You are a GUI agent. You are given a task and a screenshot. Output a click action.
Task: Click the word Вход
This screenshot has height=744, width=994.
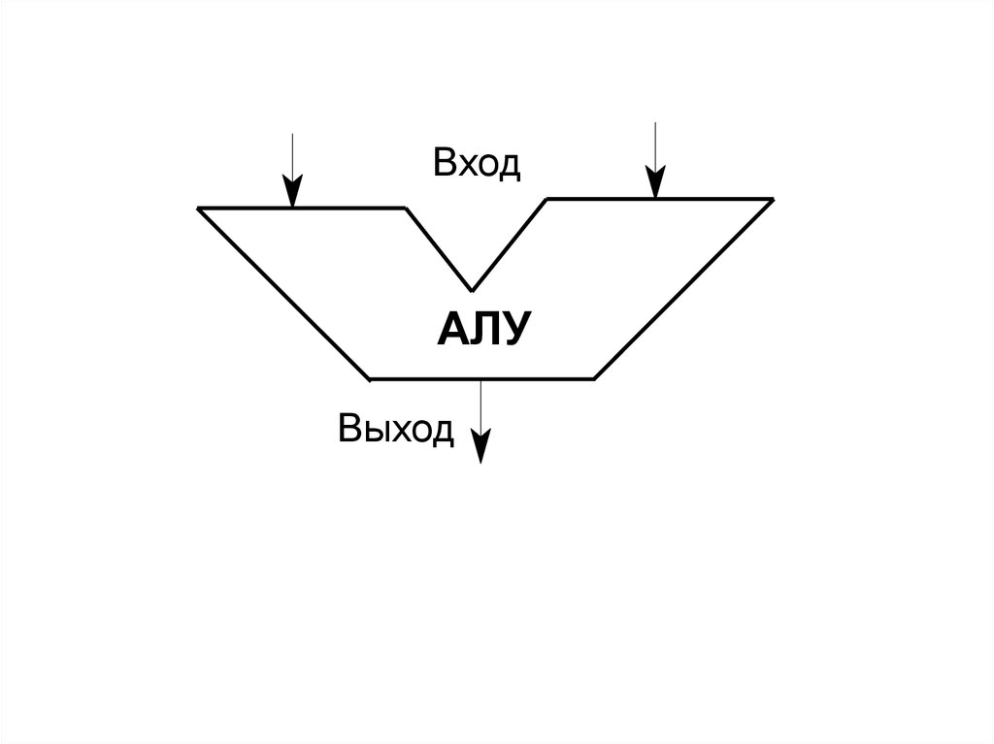click(477, 164)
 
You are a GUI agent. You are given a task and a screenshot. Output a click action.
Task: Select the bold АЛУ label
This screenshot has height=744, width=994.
click(482, 330)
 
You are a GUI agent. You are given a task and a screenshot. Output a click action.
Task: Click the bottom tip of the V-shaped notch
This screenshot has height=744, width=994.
click(473, 290)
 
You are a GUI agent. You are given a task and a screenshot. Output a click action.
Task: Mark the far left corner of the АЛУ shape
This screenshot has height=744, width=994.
click(199, 209)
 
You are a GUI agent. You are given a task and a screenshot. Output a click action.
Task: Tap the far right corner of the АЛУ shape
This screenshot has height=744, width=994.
click(773, 199)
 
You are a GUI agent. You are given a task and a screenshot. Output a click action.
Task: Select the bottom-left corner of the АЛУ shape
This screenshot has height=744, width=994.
click(370, 377)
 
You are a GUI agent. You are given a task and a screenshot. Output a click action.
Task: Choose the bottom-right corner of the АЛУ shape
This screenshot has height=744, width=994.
click(594, 377)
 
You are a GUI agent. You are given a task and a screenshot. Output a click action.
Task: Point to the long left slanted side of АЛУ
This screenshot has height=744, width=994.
click(284, 293)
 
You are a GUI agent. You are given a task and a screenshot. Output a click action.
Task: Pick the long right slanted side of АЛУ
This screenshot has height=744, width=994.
click(683, 288)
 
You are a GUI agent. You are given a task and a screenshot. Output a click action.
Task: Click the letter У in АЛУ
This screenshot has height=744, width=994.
click(514, 330)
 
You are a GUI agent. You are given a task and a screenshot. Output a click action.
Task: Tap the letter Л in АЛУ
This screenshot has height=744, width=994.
click(482, 330)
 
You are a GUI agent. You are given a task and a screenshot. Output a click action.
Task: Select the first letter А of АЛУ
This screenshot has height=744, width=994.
click(451, 330)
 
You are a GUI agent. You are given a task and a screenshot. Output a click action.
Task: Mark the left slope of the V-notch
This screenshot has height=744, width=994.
click(439, 249)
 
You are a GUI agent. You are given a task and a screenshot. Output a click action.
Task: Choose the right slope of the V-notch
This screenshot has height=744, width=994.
click(510, 244)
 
